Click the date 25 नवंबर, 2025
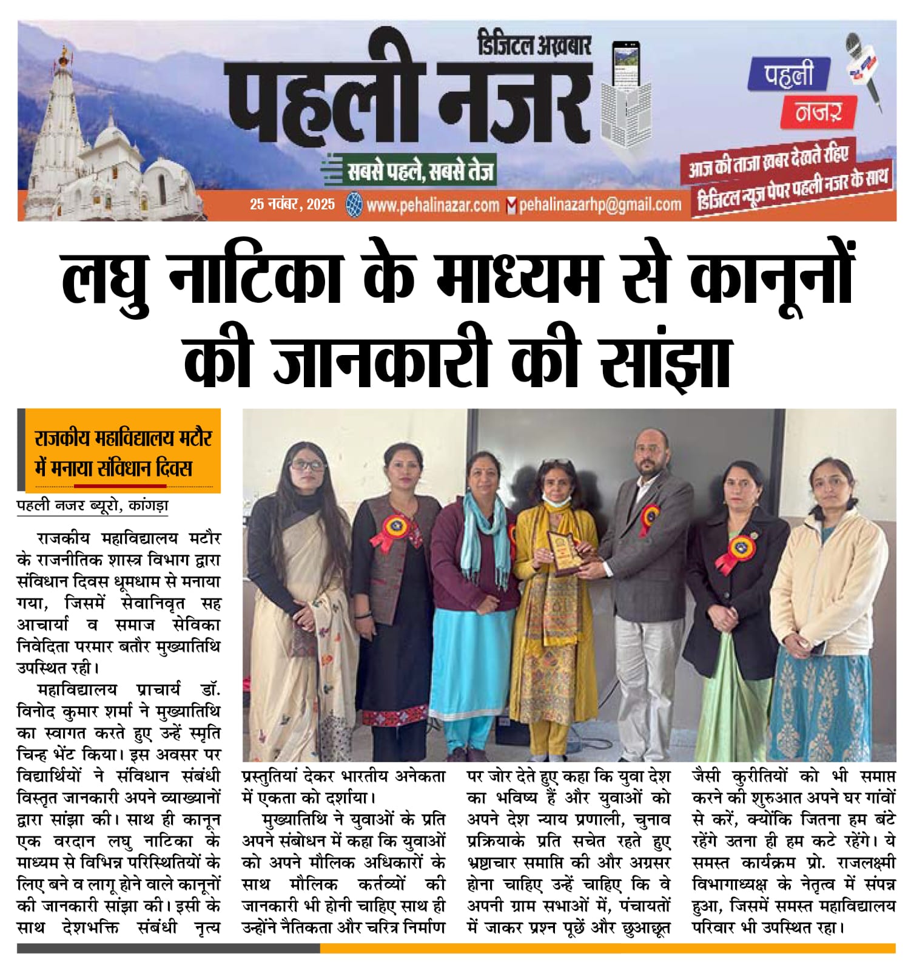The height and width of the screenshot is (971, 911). pyautogui.click(x=292, y=205)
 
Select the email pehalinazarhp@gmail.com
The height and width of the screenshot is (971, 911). pyautogui.click(x=599, y=205)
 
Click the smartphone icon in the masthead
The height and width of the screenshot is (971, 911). pyautogui.click(x=626, y=65)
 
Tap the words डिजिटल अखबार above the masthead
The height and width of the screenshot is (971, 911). pyautogui.click(x=534, y=45)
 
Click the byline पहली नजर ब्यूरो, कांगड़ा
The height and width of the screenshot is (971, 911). pyautogui.click(x=93, y=505)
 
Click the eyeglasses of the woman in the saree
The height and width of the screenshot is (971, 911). pyautogui.click(x=308, y=465)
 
